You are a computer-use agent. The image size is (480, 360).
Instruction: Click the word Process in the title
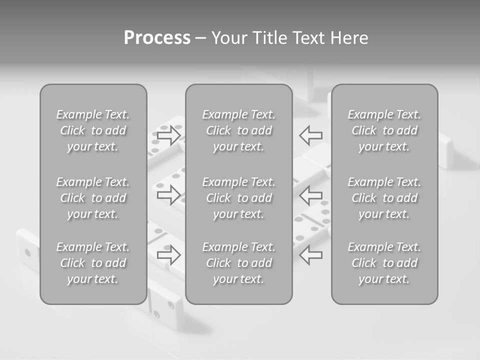coord(157,38)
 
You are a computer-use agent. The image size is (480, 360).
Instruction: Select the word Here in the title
coord(349,38)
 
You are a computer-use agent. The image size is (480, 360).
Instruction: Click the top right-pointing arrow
coord(168,135)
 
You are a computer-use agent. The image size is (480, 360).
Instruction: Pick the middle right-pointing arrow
coord(168,194)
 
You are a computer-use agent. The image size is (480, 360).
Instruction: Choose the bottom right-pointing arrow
coord(168,255)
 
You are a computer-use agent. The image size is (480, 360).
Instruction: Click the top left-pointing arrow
coord(311,135)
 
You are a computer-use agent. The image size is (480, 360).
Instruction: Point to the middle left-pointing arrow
coord(311,194)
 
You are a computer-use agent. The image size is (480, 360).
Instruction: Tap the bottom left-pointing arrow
coord(311,255)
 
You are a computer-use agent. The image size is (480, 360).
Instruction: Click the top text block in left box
coord(93,130)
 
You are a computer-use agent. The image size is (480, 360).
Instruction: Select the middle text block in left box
coord(93,198)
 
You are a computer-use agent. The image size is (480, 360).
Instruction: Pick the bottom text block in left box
coord(93,263)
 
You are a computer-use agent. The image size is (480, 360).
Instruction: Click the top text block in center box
coord(239,130)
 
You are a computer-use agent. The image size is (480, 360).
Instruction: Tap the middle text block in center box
coord(239,198)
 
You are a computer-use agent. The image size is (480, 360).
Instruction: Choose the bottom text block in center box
coord(239,263)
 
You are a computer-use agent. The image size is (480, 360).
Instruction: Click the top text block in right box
coord(384,130)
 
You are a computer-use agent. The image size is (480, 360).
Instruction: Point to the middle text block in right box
coord(384,198)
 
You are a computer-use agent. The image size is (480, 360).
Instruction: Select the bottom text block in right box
coord(384,263)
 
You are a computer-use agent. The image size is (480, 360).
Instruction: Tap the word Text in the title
coord(308,38)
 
